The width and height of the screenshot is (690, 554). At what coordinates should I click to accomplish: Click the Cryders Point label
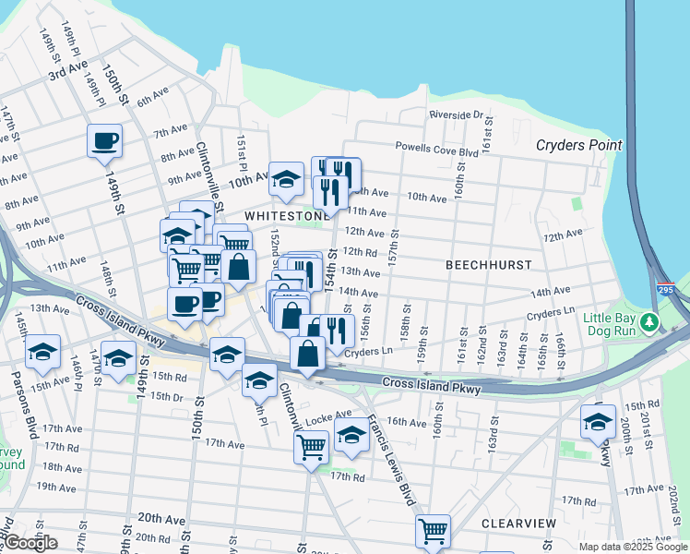(579, 145)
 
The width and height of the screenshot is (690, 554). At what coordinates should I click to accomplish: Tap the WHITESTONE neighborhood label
(287, 215)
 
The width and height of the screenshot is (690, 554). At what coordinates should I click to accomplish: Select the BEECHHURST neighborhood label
(488, 264)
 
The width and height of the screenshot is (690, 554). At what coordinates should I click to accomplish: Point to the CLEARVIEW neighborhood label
(518, 524)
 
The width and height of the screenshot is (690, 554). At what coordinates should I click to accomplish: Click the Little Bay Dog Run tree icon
(651, 322)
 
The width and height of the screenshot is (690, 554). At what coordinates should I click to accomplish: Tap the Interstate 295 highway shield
(665, 289)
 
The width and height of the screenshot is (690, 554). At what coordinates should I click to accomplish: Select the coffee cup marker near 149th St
(104, 141)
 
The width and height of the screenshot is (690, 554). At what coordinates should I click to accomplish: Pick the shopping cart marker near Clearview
(432, 531)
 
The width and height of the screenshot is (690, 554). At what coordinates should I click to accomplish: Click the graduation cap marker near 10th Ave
(287, 179)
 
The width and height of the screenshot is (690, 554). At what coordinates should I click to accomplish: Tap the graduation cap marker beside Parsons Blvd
(42, 352)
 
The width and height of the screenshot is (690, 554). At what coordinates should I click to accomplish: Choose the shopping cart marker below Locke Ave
(311, 447)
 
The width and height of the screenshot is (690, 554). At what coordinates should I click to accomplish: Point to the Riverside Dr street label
(456, 114)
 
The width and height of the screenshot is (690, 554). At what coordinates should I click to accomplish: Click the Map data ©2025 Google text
(632, 547)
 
